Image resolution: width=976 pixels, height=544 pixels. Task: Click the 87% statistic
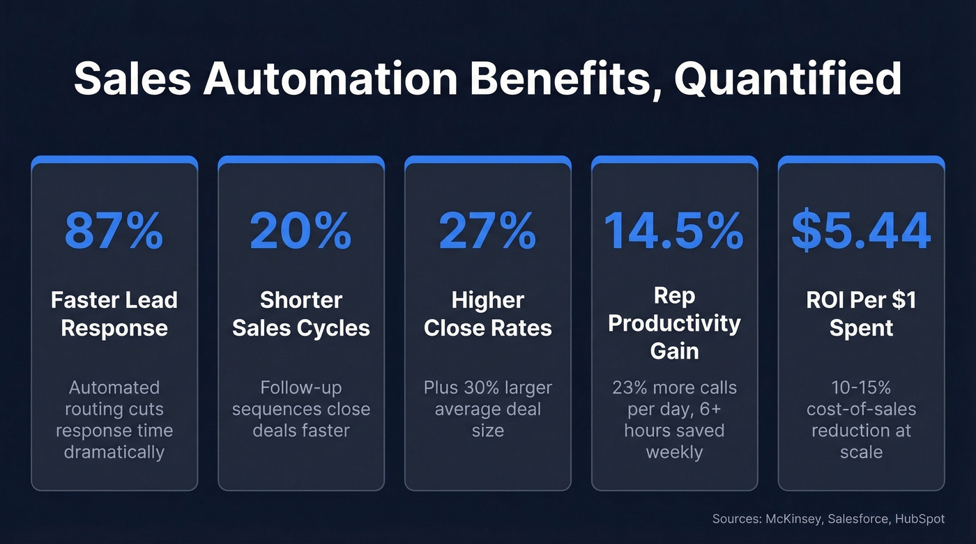tap(114, 231)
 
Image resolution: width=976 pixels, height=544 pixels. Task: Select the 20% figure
tap(300, 231)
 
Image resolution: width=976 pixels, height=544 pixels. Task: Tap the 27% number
tap(487, 231)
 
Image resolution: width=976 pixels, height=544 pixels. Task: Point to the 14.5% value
tap(673, 231)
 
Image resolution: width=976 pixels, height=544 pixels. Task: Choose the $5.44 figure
tap(861, 231)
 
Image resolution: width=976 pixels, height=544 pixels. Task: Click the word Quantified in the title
tap(787, 79)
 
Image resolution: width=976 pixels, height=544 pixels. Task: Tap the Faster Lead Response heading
tap(114, 314)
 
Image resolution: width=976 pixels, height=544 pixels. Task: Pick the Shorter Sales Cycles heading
tap(300, 314)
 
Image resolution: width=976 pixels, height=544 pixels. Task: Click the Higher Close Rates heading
tap(487, 314)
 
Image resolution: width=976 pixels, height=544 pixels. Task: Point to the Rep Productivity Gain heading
tap(673, 323)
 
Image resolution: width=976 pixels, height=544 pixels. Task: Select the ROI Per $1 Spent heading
tap(861, 314)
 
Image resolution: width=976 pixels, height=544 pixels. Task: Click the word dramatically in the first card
tap(114, 452)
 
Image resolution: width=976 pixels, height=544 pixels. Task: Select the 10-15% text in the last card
tap(861, 388)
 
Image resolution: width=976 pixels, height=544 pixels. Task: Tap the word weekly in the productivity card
tap(673, 452)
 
